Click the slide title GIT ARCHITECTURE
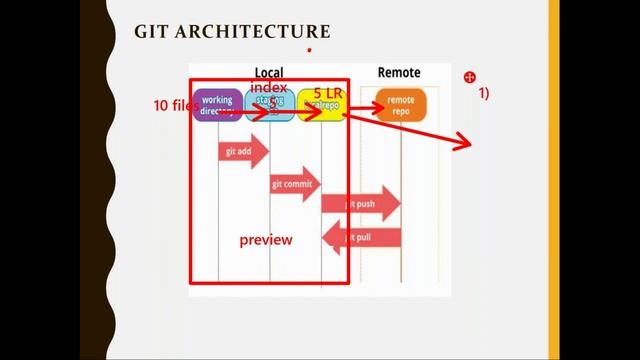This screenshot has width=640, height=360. pyautogui.click(x=232, y=33)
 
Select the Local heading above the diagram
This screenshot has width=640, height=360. pyautogui.click(x=268, y=72)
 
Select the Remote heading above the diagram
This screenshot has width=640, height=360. pyautogui.click(x=399, y=72)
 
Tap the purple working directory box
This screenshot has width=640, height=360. pyautogui.click(x=217, y=105)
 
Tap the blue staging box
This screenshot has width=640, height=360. pyautogui.click(x=269, y=105)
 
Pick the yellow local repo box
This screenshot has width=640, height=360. pyautogui.click(x=320, y=106)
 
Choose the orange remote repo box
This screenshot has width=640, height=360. pyautogui.click(x=400, y=105)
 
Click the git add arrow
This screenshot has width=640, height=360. pyautogui.click(x=243, y=152)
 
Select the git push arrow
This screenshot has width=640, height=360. pyautogui.click(x=360, y=203)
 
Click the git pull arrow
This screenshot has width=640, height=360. pyautogui.click(x=361, y=238)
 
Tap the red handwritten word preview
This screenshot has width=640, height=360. pyautogui.click(x=265, y=240)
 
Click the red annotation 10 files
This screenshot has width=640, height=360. pyautogui.click(x=172, y=105)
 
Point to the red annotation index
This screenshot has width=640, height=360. pyautogui.click(x=269, y=88)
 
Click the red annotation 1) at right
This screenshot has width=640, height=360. pyautogui.click(x=483, y=93)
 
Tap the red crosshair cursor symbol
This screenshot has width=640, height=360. pyautogui.click(x=470, y=77)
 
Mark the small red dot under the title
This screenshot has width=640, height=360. pyautogui.click(x=309, y=49)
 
